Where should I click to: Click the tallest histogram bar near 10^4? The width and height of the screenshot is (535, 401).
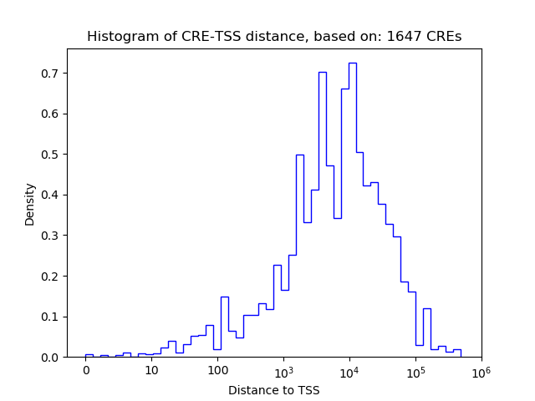[353, 209]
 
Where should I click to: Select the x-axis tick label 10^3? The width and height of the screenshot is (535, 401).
[283, 370]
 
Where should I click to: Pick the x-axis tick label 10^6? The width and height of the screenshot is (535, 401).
[481, 370]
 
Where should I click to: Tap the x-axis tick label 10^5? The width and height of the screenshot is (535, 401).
[415, 370]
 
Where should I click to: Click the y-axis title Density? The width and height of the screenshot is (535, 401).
[30, 203]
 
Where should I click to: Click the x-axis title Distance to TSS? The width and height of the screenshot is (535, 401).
[274, 389]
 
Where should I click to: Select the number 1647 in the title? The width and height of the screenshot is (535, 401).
[404, 37]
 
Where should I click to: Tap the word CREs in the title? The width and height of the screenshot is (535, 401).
[444, 37]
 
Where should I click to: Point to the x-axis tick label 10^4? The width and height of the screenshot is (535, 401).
[349, 370]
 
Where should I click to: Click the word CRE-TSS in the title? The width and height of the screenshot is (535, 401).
[196, 37]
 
